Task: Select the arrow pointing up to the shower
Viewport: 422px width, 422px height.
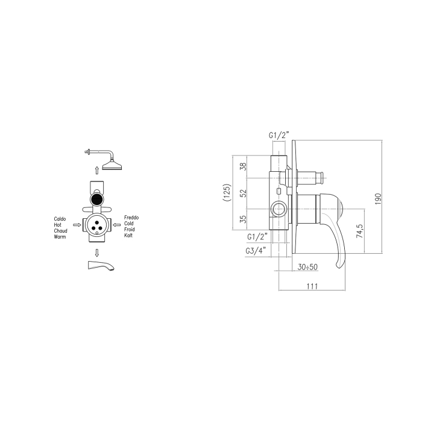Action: click(97, 171)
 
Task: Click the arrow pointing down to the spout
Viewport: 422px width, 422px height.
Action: click(97, 253)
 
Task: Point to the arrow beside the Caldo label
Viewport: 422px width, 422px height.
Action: click(77, 225)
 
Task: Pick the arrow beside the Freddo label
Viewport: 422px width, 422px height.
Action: click(116, 225)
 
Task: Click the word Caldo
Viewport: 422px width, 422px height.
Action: click(60, 219)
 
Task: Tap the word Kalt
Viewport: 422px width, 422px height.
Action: click(128, 236)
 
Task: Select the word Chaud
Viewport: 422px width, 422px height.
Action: click(60, 231)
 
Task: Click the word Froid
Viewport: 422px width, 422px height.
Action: click(129, 230)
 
